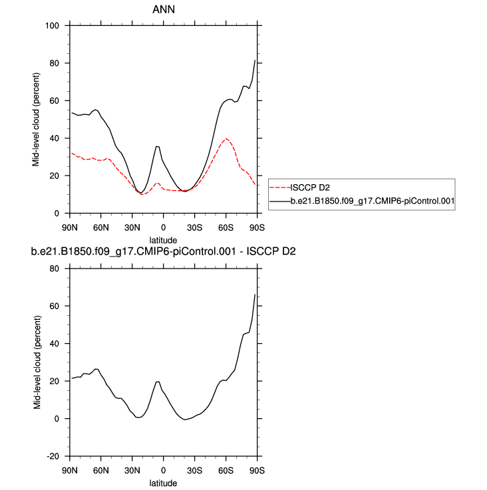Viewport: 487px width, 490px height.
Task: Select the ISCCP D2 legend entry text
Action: (x=311, y=187)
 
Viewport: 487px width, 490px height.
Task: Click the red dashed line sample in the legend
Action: (x=280, y=187)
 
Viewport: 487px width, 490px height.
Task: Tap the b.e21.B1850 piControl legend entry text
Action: (x=372, y=199)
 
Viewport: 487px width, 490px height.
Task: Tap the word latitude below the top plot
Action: (x=163, y=239)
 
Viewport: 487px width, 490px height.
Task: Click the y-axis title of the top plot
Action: (x=38, y=120)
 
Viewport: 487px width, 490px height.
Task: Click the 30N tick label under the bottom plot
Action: (x=132, y=470)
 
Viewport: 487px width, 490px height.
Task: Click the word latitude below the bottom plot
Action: (x=163, y=483)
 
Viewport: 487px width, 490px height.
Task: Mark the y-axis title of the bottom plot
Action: (x=38, y=362)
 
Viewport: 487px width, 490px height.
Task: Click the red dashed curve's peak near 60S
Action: (x=226, y=139)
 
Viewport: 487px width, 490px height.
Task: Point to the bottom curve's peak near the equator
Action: (x=158, y=382)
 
